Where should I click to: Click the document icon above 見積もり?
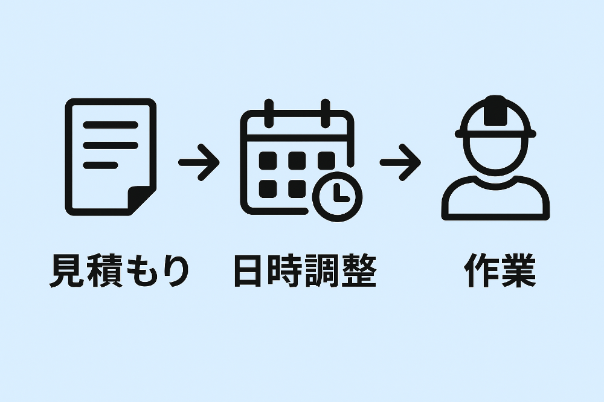111,157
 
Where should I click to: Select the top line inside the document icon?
111,126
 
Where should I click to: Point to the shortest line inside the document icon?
100,165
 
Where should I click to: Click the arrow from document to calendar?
199,162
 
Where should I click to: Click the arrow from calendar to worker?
400,162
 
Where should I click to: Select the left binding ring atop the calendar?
269,111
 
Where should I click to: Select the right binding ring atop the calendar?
326,111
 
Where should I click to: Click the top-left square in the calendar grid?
268,161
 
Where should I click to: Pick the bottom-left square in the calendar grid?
268,188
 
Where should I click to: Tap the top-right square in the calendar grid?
326,161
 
